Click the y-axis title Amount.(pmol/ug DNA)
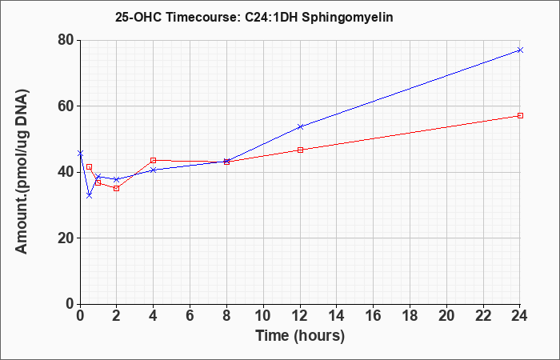coord(22,171)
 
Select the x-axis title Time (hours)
coord(300,336)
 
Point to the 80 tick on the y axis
coord(66,40)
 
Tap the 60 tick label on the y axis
coord(66,106)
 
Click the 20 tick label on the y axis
coord(66,238)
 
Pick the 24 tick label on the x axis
coord(519,316)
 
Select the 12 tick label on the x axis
coord(300,316)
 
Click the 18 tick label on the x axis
coord(410,316)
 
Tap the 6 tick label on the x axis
coord(190,316)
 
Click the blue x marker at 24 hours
coord(520,50)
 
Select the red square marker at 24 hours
coord(520,116)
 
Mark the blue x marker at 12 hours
coord(300,126)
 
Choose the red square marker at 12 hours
coord(300,150)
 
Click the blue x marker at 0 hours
coord(80,154)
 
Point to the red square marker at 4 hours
coord(154,160)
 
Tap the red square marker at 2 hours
coord(117,188)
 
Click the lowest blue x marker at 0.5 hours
coord(90,196)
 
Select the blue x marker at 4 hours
coord(154,170)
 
